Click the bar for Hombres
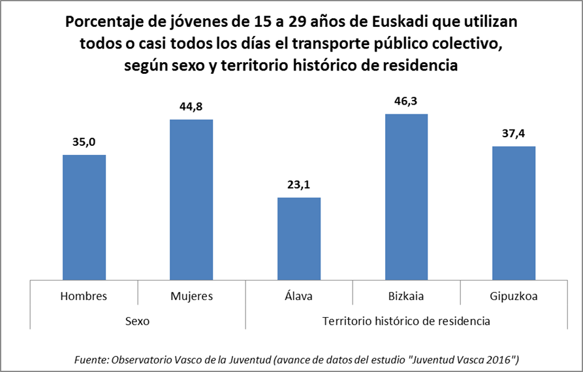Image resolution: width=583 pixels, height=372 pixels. (x=84, y=217)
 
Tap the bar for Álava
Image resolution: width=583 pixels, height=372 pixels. (x=299, y=239)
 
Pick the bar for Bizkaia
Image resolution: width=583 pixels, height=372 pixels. (x=406, y=197)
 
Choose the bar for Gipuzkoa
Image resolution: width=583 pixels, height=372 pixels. (x=513, y=213)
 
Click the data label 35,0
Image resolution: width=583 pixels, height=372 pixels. (x=84, y=141)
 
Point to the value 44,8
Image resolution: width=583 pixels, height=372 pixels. (x=191, y=105)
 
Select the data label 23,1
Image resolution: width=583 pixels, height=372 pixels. (x=299, y=184)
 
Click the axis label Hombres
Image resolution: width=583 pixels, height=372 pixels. (x=84, y=296)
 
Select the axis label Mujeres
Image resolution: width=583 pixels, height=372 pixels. (x=191, y=296)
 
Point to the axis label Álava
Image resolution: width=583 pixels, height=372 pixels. (x=299, y=296)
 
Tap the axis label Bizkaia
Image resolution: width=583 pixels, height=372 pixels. (x=406, y=296)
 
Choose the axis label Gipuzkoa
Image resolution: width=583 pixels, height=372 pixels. (x=513, y=296)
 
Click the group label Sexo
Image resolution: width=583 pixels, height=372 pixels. (x=137, y=322)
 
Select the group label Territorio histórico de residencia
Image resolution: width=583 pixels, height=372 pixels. (x=406, y=322)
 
